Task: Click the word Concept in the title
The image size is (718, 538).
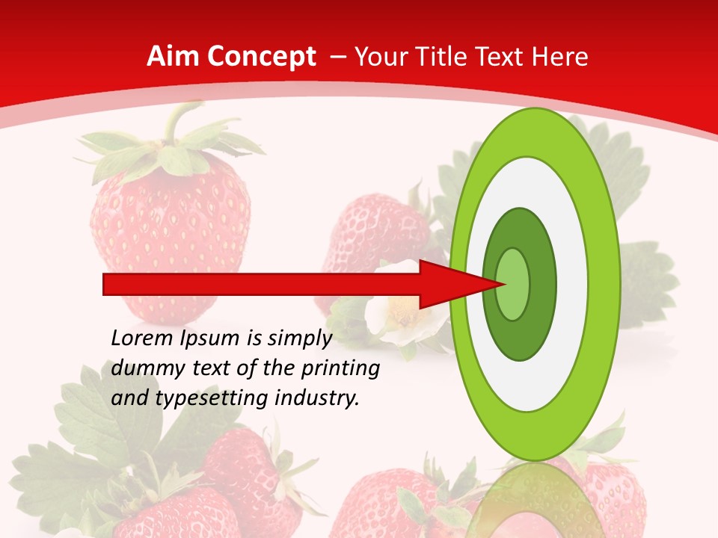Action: [x=260, y=57]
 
